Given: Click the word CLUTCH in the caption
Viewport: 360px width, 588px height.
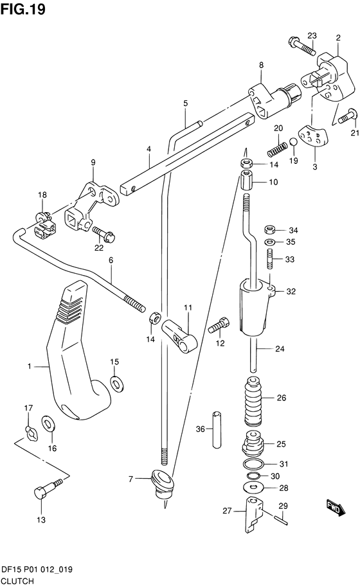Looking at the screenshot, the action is click(x=17, y=581).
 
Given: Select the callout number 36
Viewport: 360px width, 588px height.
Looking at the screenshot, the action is click(x=201, y=429).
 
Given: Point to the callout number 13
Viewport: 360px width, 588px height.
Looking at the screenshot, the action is click(x=41, y=520).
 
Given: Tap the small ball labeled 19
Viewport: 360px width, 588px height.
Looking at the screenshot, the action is click(x=294, y=142).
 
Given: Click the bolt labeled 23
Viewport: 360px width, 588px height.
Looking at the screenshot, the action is click(x=302, y=46).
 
